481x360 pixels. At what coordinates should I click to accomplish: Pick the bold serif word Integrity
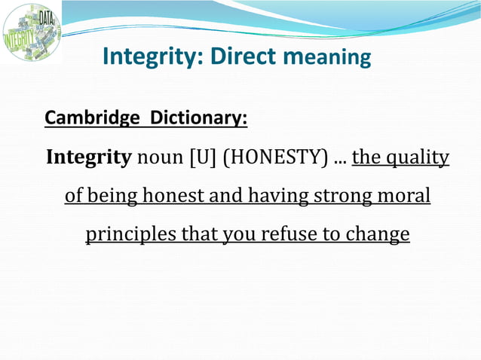click(x=89, y=158)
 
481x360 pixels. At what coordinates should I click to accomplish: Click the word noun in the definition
click(x=160, y=158)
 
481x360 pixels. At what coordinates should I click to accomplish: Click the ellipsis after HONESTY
click(x=339, y=160)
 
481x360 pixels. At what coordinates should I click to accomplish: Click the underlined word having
click(x=274, y=197)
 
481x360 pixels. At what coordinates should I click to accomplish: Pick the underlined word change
click(x=377, y=235)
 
